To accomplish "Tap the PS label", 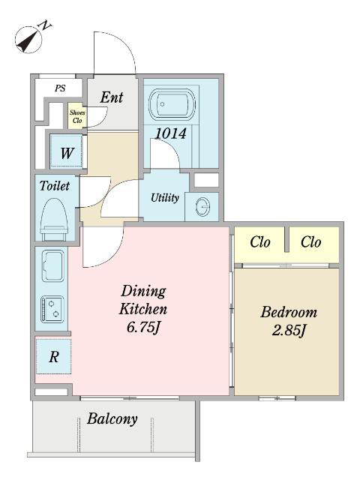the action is click(60, 88).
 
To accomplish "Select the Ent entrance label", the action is click(112, 97).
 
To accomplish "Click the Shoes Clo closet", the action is click(77, 115).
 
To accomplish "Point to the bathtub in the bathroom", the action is click(172, 103).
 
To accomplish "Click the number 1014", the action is click(171, 133).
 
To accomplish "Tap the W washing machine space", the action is click(67, 151).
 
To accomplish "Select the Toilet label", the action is click(55, 186).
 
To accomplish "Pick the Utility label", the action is click(165, 198).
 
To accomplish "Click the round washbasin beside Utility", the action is click(202, 206).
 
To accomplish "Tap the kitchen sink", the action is click(53, 265).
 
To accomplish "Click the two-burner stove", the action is click(52, 309).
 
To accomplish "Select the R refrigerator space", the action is click(53, 356).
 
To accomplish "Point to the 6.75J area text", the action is click(144, 328).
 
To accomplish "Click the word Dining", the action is click(143, 291).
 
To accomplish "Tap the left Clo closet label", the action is click(260, 242).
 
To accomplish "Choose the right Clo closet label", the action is click(311, 242).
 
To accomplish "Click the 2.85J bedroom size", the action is click(289, 331).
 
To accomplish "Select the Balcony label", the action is click(112, 418).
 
